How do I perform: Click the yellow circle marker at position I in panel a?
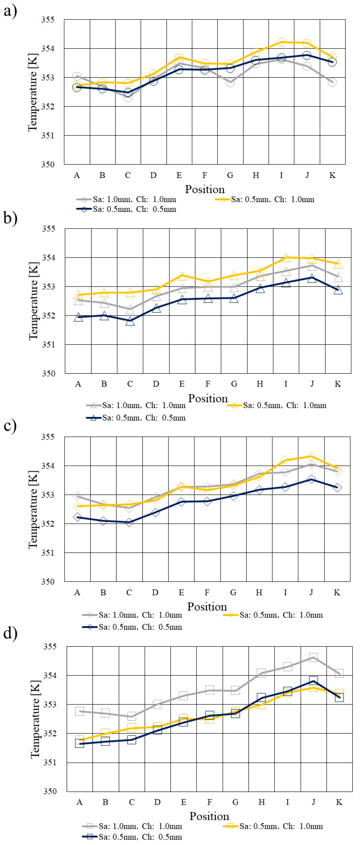click(x=281, y=42)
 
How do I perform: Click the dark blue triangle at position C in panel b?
click(x=130, y=321)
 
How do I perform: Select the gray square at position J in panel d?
click(x=313, y=657)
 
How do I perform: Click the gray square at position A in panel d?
click(x=79, y=711)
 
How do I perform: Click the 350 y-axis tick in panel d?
click(x=50, y=791)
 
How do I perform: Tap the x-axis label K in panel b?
click(x=338, y=384)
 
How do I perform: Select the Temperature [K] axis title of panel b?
click(x=34, y=301)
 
